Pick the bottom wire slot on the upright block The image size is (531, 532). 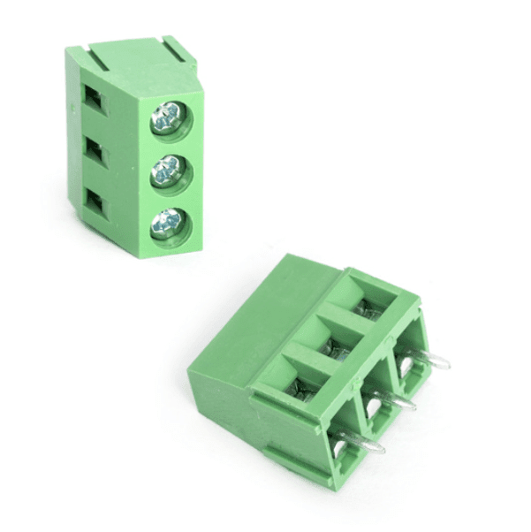pyautogui.click(x=94, y=205)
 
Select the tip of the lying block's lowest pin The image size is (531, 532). pyautogui.click(x=383, y=449)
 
